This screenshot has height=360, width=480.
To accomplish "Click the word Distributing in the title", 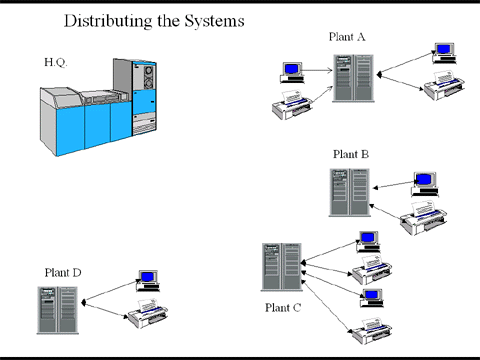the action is [108, 21].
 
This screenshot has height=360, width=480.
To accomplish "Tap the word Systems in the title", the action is [215, 21].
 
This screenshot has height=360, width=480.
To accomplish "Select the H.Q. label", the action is [56, 62].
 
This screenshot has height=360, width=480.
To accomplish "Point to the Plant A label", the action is [347, 37].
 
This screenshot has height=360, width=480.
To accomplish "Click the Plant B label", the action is [351, 154].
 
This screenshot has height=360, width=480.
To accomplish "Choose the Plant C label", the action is [283, 307].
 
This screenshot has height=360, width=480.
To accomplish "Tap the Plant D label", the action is [63, 273].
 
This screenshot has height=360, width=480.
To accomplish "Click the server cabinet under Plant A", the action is [353, 78].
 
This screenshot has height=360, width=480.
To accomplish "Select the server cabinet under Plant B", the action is [350, 193].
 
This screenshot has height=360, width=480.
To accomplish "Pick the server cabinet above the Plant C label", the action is [282, 267].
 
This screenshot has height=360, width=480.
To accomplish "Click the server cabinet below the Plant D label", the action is [58, 310].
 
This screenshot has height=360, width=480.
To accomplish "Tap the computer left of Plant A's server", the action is [292, 72].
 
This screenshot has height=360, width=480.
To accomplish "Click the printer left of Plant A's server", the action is [292, 105].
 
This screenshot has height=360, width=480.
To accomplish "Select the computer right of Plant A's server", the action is [444, 53].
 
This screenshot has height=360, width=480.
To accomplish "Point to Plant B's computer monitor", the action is [425, 184].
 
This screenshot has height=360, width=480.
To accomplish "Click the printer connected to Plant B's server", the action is [423, 218].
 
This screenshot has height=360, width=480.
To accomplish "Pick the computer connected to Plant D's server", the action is [148, 281].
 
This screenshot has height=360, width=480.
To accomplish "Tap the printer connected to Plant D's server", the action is [148, 313].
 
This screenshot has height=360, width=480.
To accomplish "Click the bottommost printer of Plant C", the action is [372, 331].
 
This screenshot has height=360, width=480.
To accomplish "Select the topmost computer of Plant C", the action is [368, 242].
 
